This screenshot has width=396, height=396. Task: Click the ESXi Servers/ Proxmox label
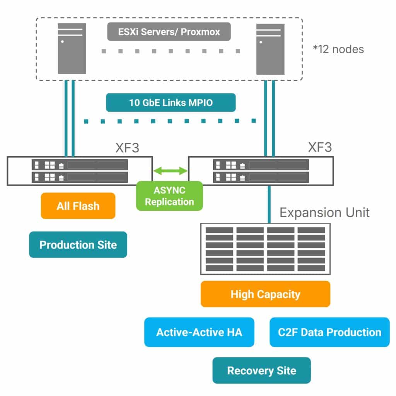[169, 32]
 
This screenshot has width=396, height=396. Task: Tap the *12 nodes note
[338, 49]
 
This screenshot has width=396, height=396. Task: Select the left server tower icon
[72, 48]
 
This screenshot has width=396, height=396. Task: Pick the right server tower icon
[270, 48]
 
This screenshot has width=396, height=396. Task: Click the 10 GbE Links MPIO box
[171, 102]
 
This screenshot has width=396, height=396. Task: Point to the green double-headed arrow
[170, 171]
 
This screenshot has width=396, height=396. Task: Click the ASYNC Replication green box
[169, 196]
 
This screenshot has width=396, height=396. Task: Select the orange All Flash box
[78, 206]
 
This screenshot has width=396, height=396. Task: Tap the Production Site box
[78, 244]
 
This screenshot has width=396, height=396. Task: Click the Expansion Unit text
[324, 212]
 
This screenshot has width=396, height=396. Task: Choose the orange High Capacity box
[265, 294]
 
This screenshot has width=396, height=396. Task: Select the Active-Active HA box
[199, 332]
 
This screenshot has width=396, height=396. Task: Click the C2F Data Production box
[329, 332]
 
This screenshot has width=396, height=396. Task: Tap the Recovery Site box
[261, 370]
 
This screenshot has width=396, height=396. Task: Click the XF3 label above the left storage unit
[128, 148]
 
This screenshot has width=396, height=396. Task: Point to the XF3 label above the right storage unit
[319, 147]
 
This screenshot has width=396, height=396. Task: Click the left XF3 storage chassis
[80, 171]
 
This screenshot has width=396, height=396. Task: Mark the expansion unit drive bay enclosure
[265, 249]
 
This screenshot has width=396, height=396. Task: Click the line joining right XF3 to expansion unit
[269, 204]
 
